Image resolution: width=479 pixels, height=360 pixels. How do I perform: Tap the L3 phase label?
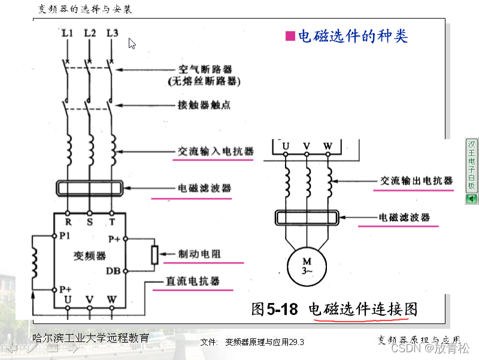click(112, 33)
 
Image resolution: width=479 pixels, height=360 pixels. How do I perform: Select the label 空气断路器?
click(205, 69)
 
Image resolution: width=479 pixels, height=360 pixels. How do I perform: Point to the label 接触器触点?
click(204, 105)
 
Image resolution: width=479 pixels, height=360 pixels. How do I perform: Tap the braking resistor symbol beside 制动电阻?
click(154, 255)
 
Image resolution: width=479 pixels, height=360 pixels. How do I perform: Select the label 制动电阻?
click(199, 254)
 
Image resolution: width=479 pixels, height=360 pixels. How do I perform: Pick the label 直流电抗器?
click(192, 281)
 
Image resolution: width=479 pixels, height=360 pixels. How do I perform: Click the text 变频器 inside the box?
click(89, 256)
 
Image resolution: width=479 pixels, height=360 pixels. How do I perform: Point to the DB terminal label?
click(114, 271)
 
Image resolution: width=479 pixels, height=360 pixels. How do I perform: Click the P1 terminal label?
click(65, 236)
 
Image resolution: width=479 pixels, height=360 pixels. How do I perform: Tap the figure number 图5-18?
click(275, 309)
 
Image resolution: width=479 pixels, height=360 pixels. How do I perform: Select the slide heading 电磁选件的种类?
click(353, 36)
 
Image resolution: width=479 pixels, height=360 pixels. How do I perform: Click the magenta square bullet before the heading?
click(290, 36)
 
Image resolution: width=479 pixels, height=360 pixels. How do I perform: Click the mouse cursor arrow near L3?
click(132, 43)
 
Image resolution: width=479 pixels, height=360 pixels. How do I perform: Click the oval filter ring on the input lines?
click(89, 188)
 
